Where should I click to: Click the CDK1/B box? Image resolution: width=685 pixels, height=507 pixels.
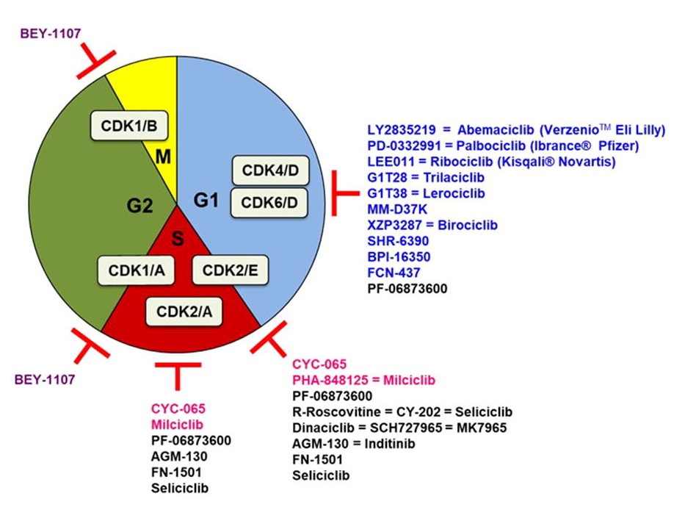point(129,126)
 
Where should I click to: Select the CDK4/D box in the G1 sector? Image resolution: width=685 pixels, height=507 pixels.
point(270,170)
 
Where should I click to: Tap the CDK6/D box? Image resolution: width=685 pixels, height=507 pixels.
point(269,202)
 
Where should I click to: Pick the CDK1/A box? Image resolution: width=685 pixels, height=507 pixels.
point(137,270)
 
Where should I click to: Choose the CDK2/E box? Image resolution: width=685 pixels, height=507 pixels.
point(231,270)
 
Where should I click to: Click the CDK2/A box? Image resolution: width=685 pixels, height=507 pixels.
point(184,312)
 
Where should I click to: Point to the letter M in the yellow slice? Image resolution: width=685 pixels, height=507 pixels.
point(164,157)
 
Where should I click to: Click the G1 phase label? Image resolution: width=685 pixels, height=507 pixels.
point(206,201)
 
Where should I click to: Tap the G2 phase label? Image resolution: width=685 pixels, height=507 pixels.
point(139,206)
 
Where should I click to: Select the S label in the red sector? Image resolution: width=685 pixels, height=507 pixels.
point(178,239)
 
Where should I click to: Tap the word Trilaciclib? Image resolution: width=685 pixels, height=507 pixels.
point(454,178)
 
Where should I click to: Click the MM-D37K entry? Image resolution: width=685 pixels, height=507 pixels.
point(397,209)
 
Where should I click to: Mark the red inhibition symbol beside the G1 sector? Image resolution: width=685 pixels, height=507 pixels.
point(345,193)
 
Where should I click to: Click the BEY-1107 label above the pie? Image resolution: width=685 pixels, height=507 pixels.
point(50,34)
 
